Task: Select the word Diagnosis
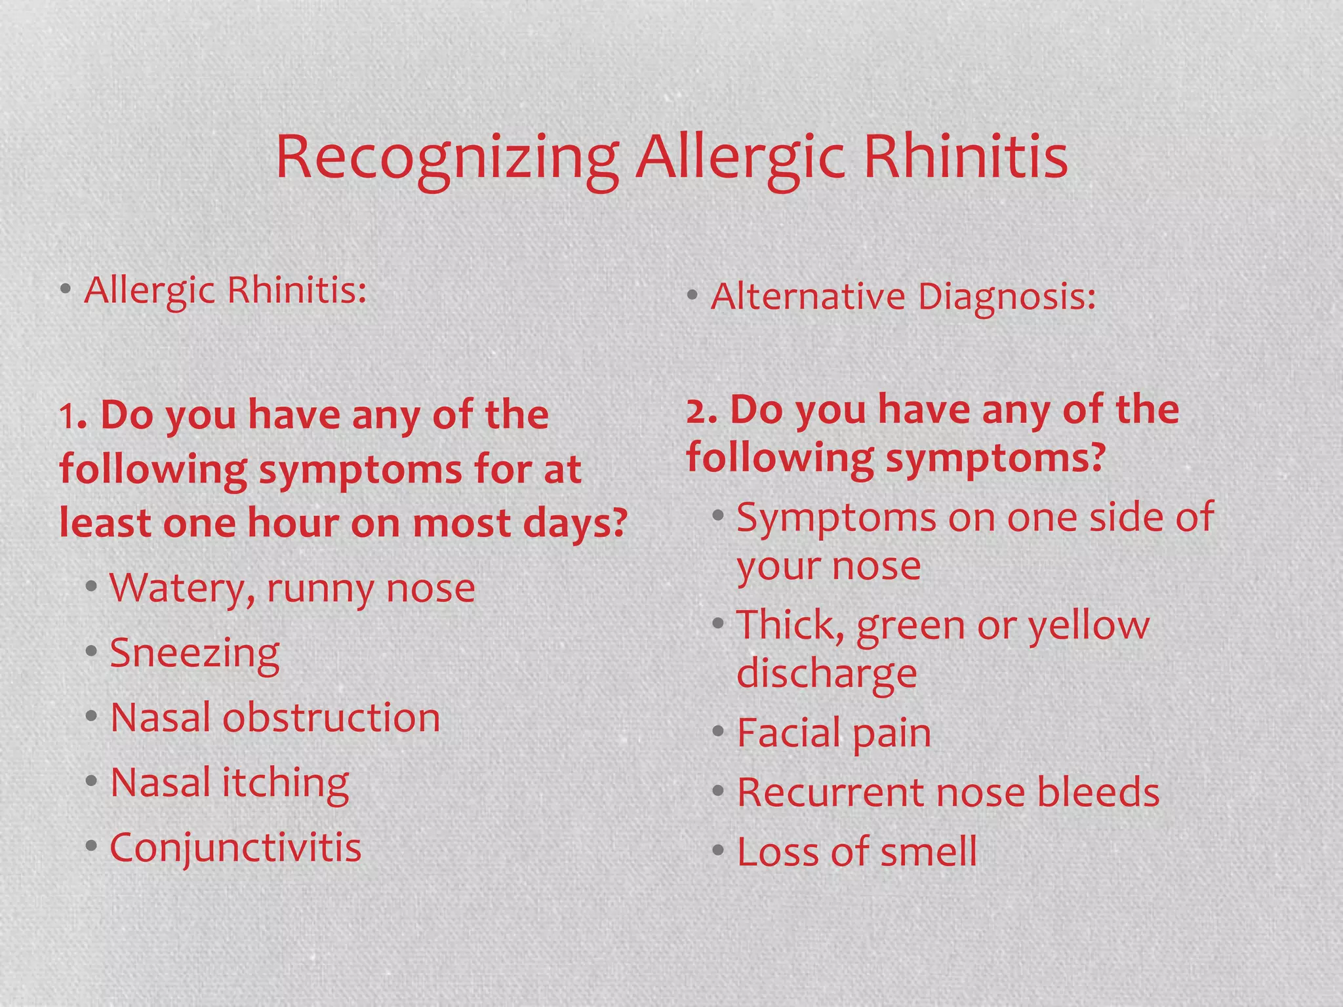coord(1006,297)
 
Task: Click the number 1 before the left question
coord(68,417)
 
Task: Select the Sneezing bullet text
coord(195,653)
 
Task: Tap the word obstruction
coord(331,717)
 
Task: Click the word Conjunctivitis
coord(235,847)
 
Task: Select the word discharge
coord(827,674)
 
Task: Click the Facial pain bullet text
coord(834,732)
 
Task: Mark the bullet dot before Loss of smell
coord(719,852)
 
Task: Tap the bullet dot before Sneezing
coord(92,652)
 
